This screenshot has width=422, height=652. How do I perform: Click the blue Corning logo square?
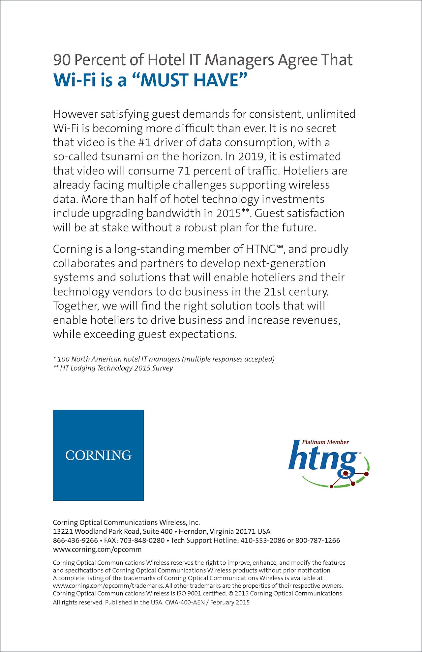98,455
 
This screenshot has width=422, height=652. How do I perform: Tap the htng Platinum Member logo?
328,463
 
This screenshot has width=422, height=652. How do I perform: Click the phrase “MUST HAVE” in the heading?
194,80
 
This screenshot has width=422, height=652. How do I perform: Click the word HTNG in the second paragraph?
261,249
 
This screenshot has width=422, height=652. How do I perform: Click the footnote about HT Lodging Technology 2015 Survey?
113,368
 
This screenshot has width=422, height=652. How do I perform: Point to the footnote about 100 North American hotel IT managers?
164,359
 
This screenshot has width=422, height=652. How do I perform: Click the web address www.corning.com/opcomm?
97,549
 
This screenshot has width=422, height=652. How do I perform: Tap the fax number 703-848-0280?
142,541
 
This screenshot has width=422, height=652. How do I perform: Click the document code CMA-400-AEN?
185,602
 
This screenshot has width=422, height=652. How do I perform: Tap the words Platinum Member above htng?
325,442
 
